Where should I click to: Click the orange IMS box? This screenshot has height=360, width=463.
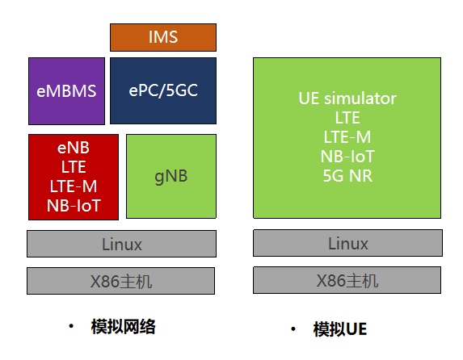[163, 37]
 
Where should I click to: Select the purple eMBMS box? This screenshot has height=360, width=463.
[67, 91]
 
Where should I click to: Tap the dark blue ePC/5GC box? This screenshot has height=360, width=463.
[163, 90]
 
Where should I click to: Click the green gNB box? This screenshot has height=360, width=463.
[171, 176]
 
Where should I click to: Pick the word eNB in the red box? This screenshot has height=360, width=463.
[74, 148]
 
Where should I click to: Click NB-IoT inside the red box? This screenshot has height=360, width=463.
[74, 205]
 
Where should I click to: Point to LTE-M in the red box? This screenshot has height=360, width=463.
[74, 186]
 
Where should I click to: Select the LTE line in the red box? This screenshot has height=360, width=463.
[74, 167]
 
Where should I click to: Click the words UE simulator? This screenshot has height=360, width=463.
[347, 98]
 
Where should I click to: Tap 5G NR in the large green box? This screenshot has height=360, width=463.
[347, 176]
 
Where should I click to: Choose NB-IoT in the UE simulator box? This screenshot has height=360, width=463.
[347, 157]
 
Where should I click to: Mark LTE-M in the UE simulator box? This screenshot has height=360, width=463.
[347, 137]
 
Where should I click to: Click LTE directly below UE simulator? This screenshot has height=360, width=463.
[347, 118]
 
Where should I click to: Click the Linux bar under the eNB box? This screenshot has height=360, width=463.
[122, 244]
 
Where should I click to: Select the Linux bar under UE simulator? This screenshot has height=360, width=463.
[347, 243]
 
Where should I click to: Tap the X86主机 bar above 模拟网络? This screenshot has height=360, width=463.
[120, 281]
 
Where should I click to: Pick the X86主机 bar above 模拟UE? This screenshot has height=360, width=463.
[347, 280]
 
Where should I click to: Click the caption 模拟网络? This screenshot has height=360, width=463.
[123, 327]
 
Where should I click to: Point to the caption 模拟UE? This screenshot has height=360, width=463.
[340, 329]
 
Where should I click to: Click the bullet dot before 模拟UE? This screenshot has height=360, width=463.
[293, 329]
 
